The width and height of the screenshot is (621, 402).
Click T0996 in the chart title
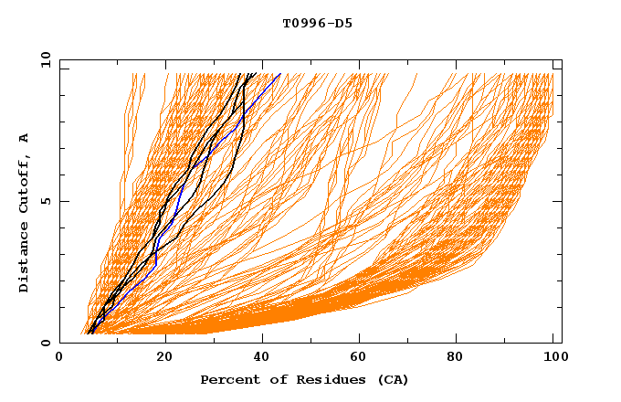pos(304,23)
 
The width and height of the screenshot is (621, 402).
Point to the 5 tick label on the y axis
pos(45,201)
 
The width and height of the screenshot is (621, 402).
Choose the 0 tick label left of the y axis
pos(45,343)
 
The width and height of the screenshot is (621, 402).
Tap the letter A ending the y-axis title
pos(25,138)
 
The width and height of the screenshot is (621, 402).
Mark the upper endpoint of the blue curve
pos(280,73)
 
